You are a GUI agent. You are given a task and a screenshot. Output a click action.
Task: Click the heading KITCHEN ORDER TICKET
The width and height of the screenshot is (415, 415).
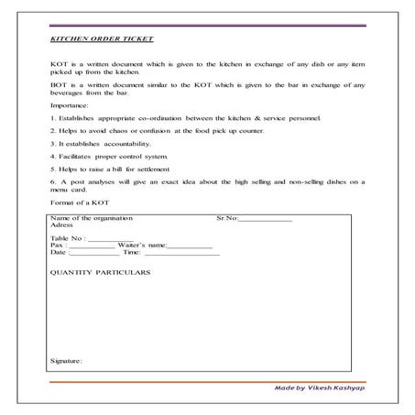[x=102, y=40]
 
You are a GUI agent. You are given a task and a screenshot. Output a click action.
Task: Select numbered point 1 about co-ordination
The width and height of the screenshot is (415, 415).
[x=187, y=120]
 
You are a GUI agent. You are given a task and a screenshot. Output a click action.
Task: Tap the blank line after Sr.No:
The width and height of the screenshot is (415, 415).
[x=265, y=219]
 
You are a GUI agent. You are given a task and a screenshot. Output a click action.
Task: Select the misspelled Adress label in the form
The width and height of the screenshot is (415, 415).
[x=62, y=225]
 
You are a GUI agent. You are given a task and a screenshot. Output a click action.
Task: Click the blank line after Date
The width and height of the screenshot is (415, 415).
[x=94, y=254]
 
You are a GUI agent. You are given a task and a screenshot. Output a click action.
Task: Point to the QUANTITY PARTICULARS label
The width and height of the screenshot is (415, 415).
[x=101, y=272]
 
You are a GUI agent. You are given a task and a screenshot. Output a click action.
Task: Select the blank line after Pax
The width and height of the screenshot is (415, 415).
[x=92, y=246]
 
